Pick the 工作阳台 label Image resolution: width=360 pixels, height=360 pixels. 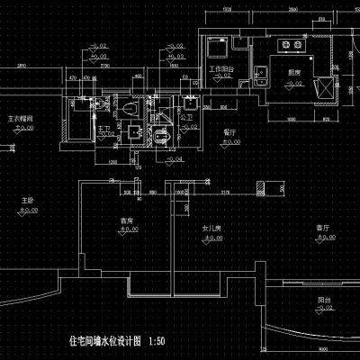tap(220, 68)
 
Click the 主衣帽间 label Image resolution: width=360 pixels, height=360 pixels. tap(21, 118)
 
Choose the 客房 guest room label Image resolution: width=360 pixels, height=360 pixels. tap(139, 220)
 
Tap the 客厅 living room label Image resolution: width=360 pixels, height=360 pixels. tap(319, 227)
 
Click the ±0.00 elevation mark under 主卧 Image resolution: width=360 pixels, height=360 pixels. tap(30, 209)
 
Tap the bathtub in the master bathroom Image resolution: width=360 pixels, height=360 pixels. tap(77, 132)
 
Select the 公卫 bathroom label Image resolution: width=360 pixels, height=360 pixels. tap(187, 116)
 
